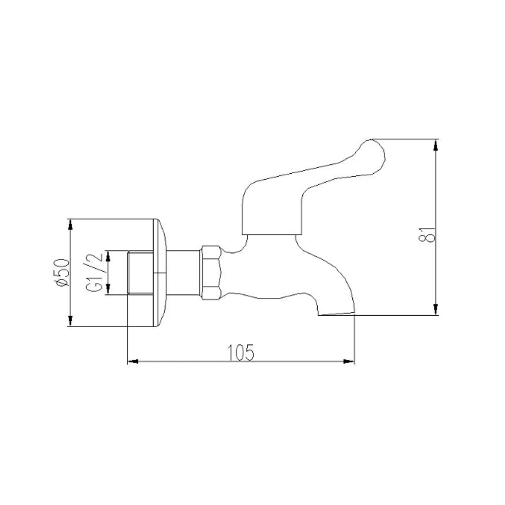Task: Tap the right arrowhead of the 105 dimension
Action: (x=349, y=362)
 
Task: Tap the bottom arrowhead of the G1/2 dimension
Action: (x=108, y=291)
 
